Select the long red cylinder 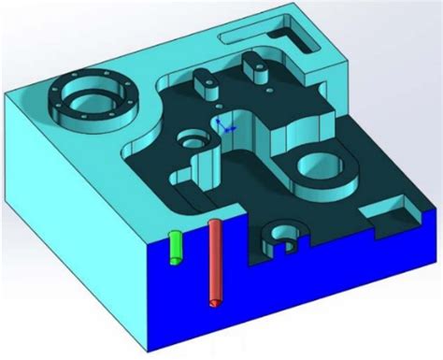(x=216, y=262)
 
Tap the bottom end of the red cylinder (x=217, y=302)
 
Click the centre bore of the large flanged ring (x=92, y=98)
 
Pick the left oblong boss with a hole (x=205, y=82)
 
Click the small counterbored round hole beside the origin (x=192, y=141)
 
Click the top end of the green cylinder (x=174, y=233)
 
